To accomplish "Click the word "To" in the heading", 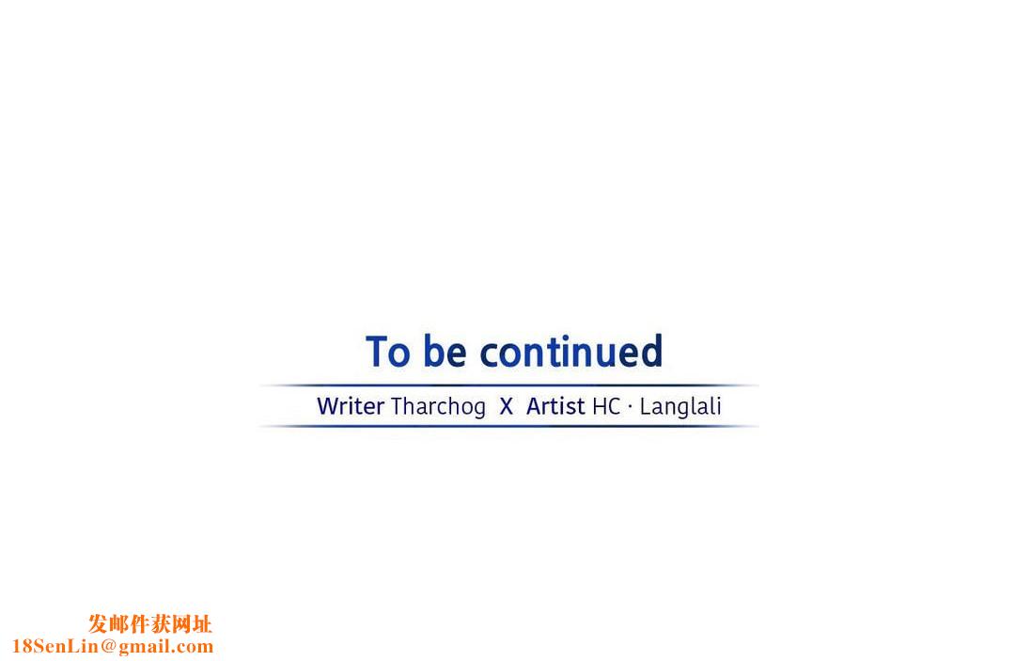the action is tap(388, 352).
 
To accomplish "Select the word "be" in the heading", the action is tap(445, 351).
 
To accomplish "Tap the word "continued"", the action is tap(571, 351).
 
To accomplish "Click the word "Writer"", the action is tap(351, 406).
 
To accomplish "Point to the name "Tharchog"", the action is tap(438, 407).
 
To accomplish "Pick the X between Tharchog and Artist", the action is tap(507, 406).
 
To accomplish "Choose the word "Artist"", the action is tap(555, 406).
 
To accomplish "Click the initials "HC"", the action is tap(606, 406).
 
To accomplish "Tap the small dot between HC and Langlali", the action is tap(630, 406).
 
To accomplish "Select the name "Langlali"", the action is tap(680, 407).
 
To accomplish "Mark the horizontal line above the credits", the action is tap(508, 386).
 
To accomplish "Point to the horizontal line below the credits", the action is tap(508, 426).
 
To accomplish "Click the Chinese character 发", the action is tap(99, 624).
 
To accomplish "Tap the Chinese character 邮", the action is tap(119, 624).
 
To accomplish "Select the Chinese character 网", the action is tap(181, 624).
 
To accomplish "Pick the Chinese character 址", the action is tap(202, 624).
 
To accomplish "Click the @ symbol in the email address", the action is tap(108, 646).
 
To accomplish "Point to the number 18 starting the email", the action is tap(22, 646).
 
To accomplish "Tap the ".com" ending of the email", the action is tap(193, 647).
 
